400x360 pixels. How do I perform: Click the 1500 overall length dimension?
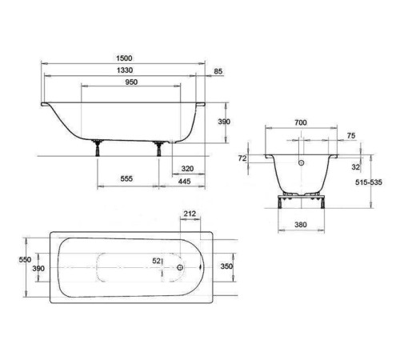click(124, 58)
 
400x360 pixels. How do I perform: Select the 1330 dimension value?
click(125, 70)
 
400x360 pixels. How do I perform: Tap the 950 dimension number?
click(131, 82)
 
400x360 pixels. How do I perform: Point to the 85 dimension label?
click(218, 71)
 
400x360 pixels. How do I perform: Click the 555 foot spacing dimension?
click(126, 178)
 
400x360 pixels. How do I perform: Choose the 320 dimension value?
click(187, 169)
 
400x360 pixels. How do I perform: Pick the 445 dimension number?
click(184, 182)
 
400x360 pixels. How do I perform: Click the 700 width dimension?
click(301, 122)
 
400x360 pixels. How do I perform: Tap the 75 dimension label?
click(351, 135)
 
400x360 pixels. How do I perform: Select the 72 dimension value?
click(242, 158)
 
